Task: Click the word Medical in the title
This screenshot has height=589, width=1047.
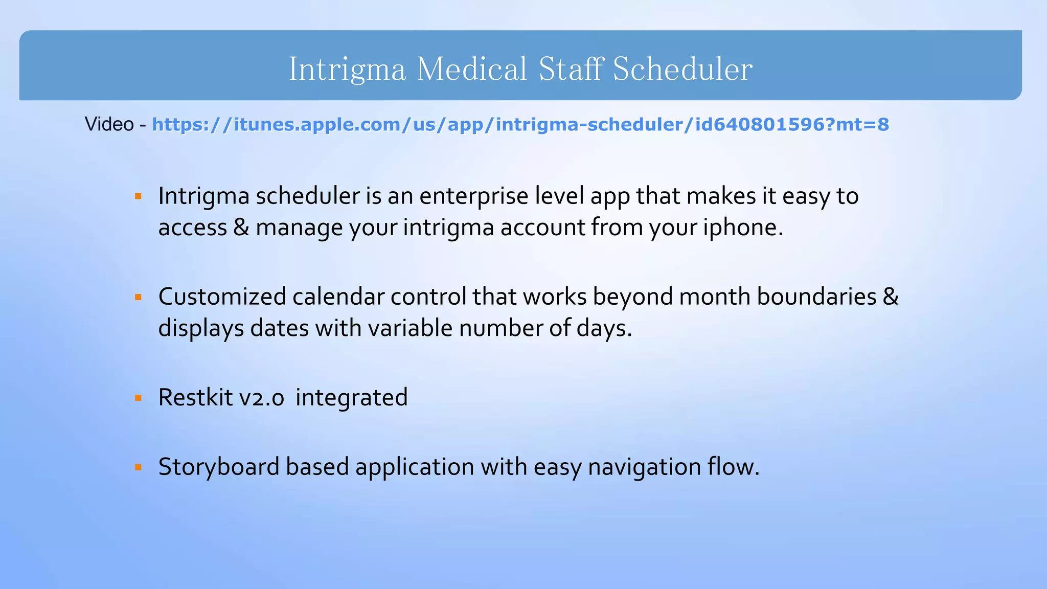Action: click(x=471, y=69)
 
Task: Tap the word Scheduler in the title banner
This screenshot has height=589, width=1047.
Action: click(x=682, y=69)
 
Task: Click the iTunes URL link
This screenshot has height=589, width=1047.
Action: click(x=520, y=124)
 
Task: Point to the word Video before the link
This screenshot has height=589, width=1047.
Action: click(x=109, y=124)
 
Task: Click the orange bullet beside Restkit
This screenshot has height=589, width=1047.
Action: click(x=138, y=398)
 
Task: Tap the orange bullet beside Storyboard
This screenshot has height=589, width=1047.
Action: click(x=138, y=467)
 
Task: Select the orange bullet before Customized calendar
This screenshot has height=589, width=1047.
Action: click(x=138, y=297)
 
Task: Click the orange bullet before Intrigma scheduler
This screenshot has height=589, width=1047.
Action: click(x=138, y=196)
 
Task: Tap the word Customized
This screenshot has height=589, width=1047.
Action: click(x=222, y=297)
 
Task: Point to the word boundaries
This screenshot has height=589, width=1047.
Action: click(x=816, y=297)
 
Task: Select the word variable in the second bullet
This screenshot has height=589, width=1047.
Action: click(x=411, y=328)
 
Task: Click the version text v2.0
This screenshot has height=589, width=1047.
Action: click(x=261, y=398)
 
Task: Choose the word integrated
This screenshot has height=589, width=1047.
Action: click(x=352, y=398)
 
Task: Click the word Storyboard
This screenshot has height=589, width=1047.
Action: click(x=218, y=467)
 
